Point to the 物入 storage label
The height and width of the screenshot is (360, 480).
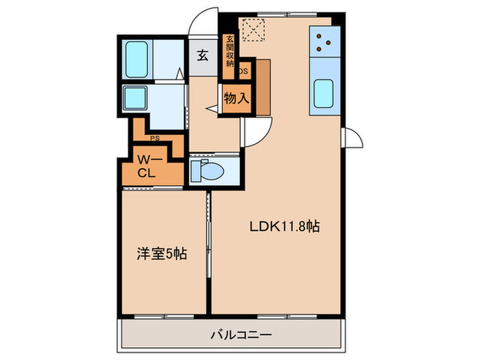(x=236, y=99)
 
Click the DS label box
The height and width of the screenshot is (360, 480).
(x=244, y=70)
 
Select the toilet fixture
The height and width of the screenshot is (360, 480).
(x=206, y=170)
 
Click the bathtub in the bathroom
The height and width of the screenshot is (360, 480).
(x=139, y=60)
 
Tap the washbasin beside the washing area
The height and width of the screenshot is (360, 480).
(x=134, y=97)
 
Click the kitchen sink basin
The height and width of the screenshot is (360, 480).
(x=324, y=94)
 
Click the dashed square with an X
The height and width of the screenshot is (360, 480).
(x=256, y=30)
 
